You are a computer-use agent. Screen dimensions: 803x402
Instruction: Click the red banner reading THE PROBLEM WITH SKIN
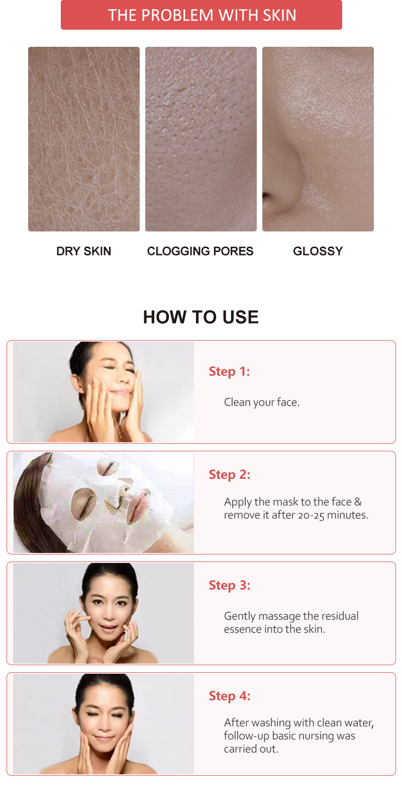201,15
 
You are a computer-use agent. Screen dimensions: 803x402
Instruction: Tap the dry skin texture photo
84,139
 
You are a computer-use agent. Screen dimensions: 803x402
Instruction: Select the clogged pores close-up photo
201,139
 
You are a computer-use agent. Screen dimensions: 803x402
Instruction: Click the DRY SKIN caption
83,251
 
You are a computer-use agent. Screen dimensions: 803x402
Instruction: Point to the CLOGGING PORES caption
200,251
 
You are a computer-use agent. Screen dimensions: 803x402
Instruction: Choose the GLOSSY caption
318,251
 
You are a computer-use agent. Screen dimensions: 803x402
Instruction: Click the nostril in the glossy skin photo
267,196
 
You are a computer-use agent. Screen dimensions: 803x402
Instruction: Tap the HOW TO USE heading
201,317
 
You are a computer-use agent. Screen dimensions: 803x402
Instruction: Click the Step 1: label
229,371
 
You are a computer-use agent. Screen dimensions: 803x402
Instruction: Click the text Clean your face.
261,402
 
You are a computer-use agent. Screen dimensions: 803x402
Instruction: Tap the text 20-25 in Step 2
311,515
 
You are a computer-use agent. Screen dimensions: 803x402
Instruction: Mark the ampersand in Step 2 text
358,502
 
